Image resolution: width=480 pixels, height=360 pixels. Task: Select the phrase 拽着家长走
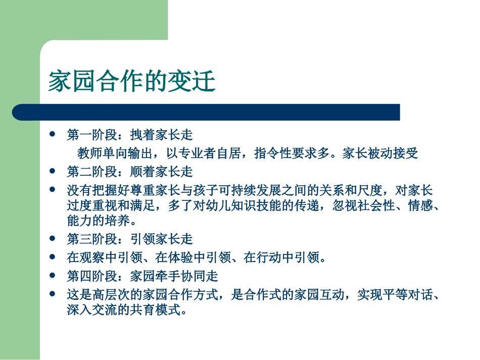(162, 135)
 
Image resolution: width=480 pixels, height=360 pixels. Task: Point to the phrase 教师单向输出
(109, 153)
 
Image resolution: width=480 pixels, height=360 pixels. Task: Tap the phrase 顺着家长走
(162, 172)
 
